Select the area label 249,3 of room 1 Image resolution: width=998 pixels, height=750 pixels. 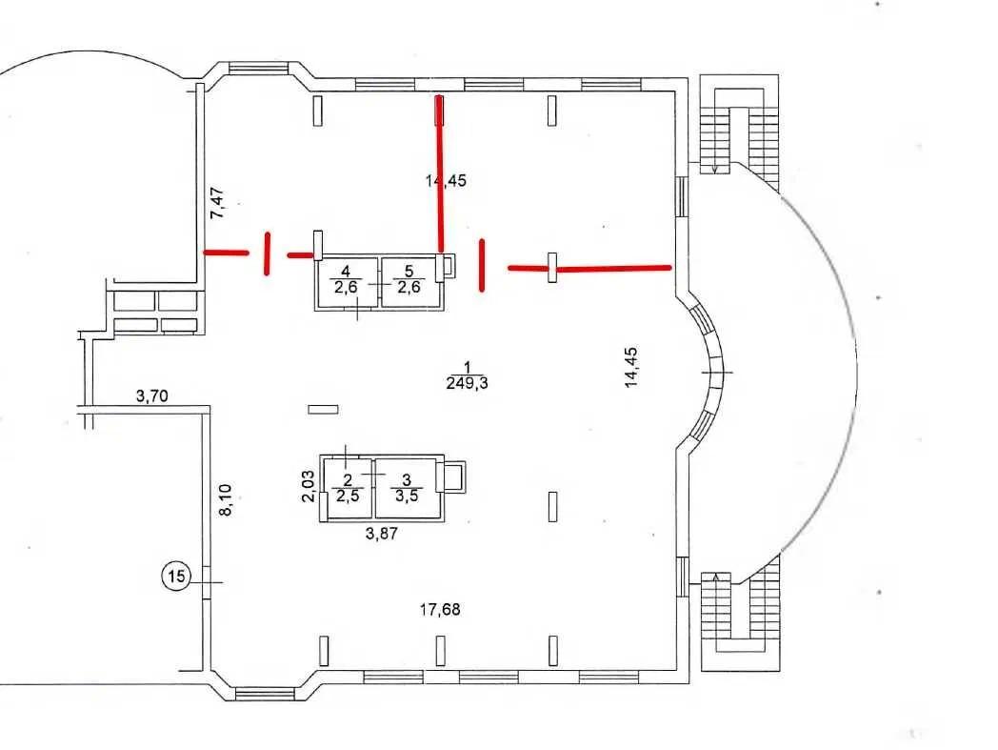[467, 383]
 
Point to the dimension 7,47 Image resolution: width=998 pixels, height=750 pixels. [219, 204]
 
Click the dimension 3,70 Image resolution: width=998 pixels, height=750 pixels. [151, 398]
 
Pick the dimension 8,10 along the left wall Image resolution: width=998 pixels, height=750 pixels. [226, 499]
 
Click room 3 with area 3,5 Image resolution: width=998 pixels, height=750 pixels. [407, 488]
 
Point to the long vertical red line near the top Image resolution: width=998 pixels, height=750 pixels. [440, 172]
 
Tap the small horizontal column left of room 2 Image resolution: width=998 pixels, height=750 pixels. [324, 409]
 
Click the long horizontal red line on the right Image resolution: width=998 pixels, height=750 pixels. [590, 269]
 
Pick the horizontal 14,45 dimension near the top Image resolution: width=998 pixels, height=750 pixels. [446, 180]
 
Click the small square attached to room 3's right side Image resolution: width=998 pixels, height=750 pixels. [455, 476]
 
